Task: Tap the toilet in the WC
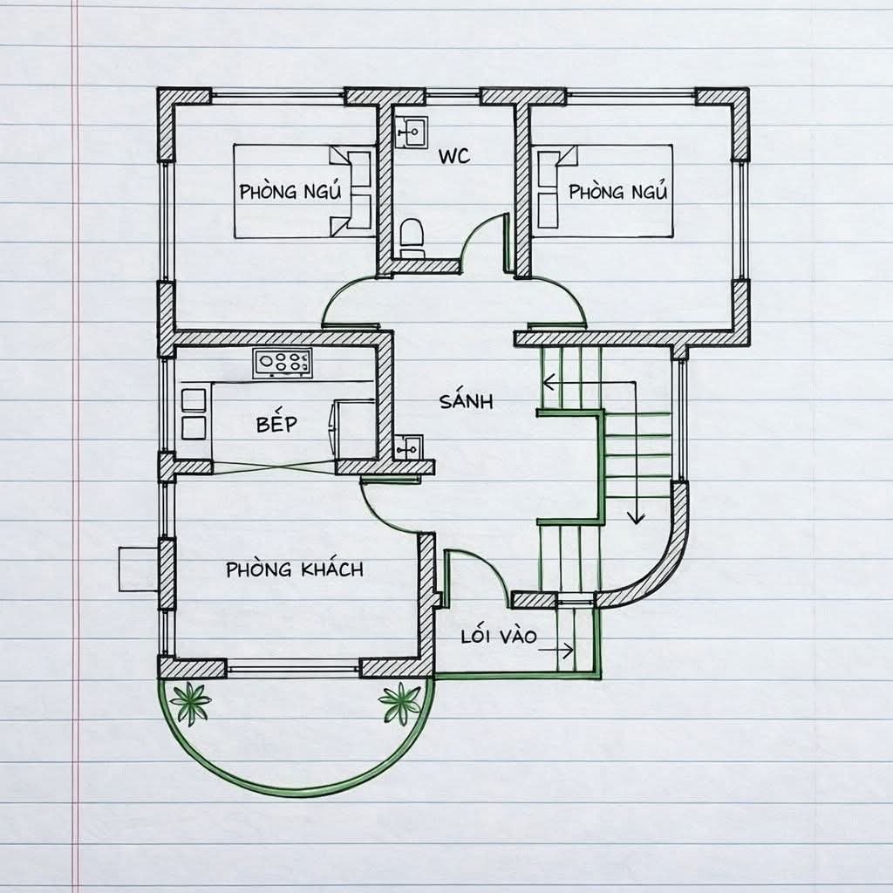tap(412, 239)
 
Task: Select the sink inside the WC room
tap(412, 133)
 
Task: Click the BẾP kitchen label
tap(276, 423)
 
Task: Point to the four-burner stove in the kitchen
tap(283, 364)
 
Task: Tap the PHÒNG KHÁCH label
tap(295, 569)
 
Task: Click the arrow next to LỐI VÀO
tap(556, 650)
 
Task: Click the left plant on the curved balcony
tap(190, 703)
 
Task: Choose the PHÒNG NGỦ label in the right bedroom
tap(617, 191)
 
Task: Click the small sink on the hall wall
tap(409, 446)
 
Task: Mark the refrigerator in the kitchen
tap(353, 429)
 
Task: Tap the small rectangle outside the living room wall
tap(138, 569)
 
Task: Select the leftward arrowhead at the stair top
tap(549, 382)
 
